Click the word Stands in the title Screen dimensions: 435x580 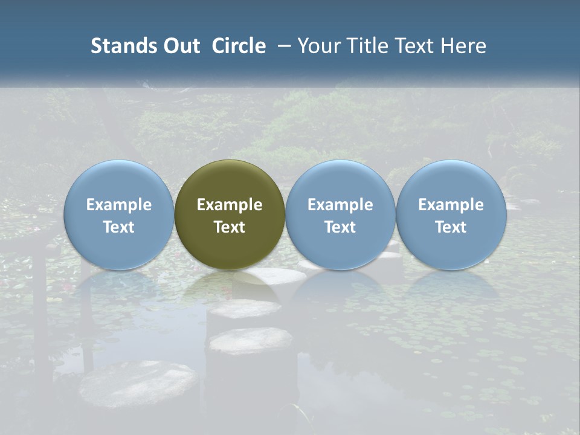119,46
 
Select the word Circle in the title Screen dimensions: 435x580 239,46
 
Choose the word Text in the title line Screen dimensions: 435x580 416,46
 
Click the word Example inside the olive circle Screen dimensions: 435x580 230,205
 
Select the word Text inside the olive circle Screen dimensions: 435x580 230,227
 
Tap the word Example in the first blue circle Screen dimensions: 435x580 119,205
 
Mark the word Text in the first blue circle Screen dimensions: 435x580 119,227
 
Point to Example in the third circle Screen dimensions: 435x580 340,205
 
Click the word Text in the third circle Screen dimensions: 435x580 340,227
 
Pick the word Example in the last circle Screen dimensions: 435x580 451,205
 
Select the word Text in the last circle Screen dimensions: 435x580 451,227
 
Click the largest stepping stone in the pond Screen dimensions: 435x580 139,383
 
